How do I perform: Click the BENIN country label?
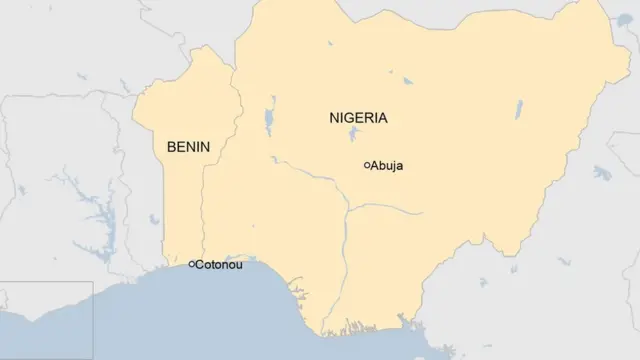point(188,147)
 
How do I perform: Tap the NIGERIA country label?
point(358,118)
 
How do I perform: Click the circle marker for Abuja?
point(367,164)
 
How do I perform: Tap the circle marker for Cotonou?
point(192,265)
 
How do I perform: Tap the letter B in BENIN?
point(171,147)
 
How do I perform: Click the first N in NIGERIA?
point(334,118)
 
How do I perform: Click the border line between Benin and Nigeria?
point(203,200)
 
